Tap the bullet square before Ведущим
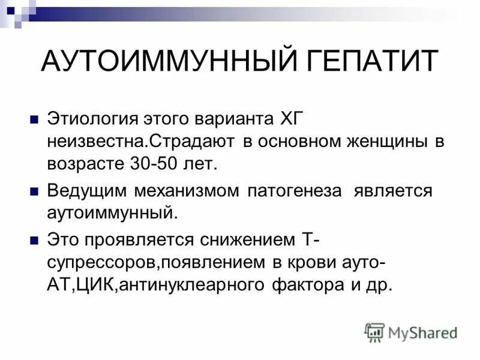coord(34,191)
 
